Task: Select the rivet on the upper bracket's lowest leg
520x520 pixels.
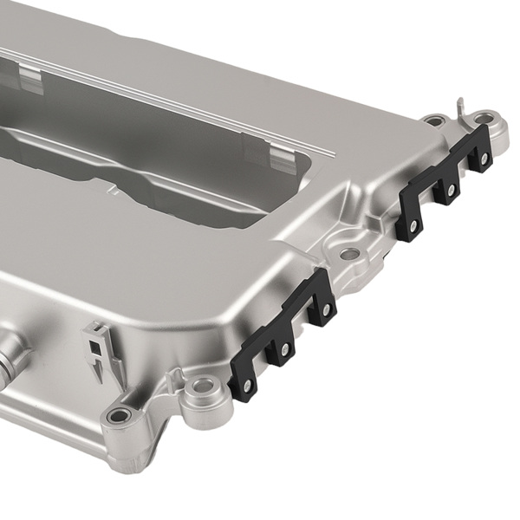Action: tap(413, 226)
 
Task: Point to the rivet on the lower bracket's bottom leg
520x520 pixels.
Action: tap(245, 383)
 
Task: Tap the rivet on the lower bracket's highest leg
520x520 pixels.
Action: tap(325, 309)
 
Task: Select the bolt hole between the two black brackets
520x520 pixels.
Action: tap(349, 254)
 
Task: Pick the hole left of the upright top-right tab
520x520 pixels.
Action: tap(436, 121)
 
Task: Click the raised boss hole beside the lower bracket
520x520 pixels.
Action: tap(202, 384)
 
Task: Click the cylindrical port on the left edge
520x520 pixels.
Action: tap(13, 360)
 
